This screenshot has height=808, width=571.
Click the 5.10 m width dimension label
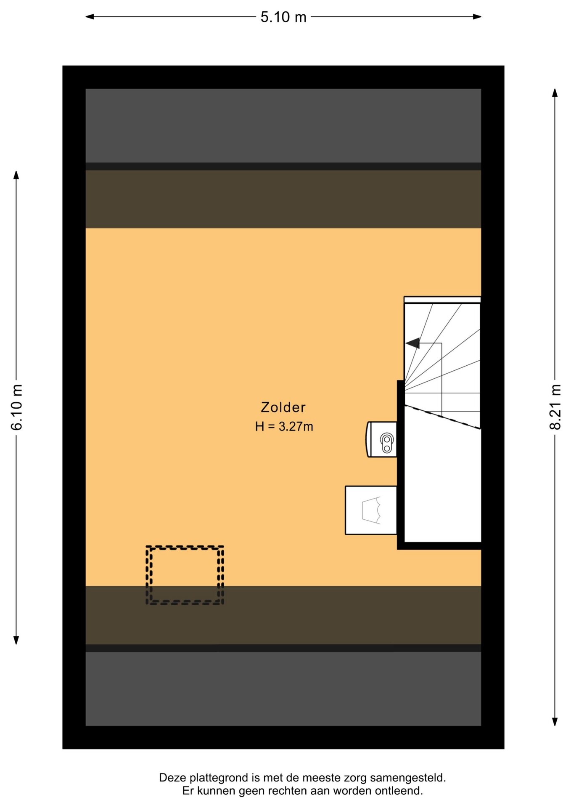[x=283, y=17]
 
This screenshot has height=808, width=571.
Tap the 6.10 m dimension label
[x=17, y=407]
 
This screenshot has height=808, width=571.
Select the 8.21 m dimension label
[x=555, y=407]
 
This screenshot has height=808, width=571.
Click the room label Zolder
[x=283, y=407]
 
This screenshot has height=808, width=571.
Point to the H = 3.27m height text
[x=284, y=427]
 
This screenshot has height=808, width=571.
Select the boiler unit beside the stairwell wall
[x=381, y=439]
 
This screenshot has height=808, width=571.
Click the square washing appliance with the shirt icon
[x=371, y=510]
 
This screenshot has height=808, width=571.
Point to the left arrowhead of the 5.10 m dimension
[x=89, y=17]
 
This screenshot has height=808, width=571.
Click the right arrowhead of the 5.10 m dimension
[x=477, y=17]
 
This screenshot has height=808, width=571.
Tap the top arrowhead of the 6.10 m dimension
[x=16, y=175]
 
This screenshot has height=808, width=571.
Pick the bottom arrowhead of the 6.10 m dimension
[x=16, y=640]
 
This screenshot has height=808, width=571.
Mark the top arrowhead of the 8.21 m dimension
[x=555, y=93]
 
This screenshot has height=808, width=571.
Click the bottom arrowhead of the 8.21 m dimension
[x=555, y=722]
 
